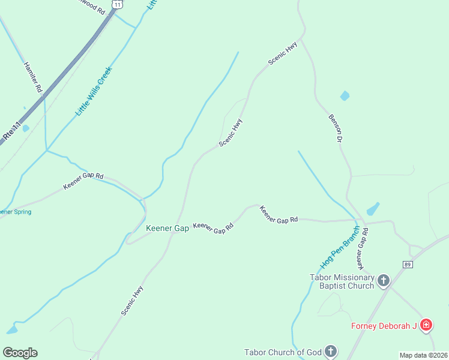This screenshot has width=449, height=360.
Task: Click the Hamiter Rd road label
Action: (33, 77)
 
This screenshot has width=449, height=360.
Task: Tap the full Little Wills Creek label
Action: (94, 91)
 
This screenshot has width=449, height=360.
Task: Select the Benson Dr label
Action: (335, 128)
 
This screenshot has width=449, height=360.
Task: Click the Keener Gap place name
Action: (167, 228)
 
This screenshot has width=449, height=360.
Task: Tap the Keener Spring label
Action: (14, 212)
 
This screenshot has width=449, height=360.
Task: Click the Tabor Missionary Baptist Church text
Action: (342, 281)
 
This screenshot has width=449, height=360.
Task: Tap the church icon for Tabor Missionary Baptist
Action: (383, 280)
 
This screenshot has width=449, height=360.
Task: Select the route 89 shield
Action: (408, 265)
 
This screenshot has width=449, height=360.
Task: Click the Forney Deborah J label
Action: (384, 326)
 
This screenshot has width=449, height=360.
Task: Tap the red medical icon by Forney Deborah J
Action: (426, 325)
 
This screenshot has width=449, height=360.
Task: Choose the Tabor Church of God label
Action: (283, 352)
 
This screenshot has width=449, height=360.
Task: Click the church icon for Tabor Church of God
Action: (330, 351)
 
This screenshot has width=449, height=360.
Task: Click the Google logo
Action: (20, 353)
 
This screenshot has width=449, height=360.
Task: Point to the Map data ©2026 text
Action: (423, 355)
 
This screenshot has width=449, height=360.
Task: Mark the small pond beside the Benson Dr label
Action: (345, 95)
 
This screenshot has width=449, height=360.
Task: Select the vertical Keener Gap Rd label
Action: (362, 248)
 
